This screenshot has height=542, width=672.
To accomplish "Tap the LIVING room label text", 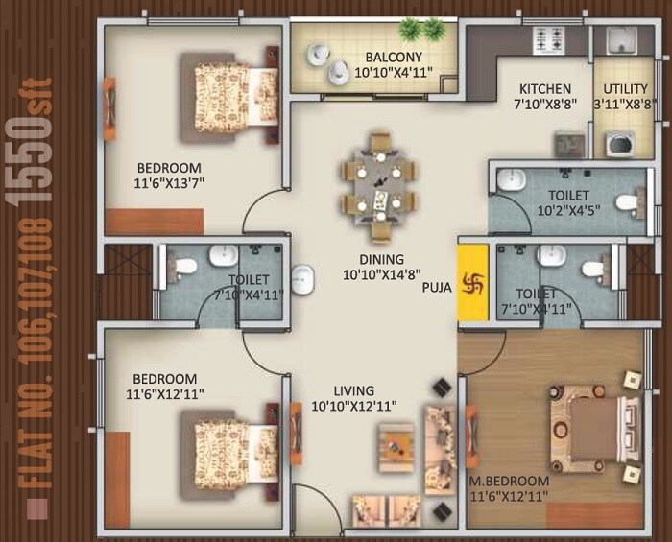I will pos(353,390).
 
